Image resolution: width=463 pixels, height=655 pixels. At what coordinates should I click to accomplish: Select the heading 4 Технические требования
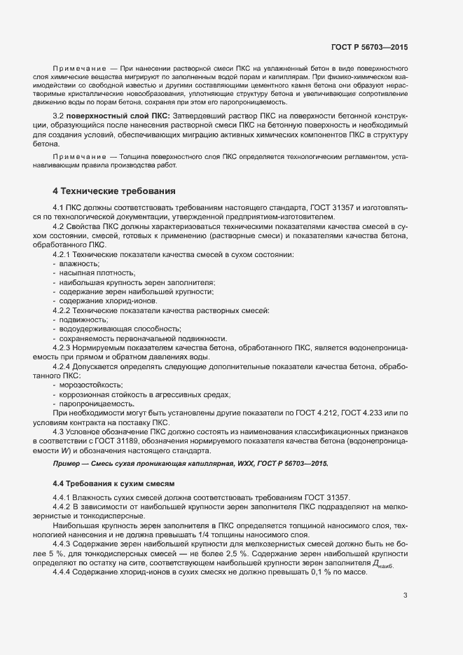(x=114, y=191)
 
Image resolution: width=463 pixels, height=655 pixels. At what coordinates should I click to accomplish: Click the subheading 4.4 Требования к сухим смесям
(x=113, y=483)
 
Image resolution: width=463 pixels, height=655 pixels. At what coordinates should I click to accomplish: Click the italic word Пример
(x=67, y=464)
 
